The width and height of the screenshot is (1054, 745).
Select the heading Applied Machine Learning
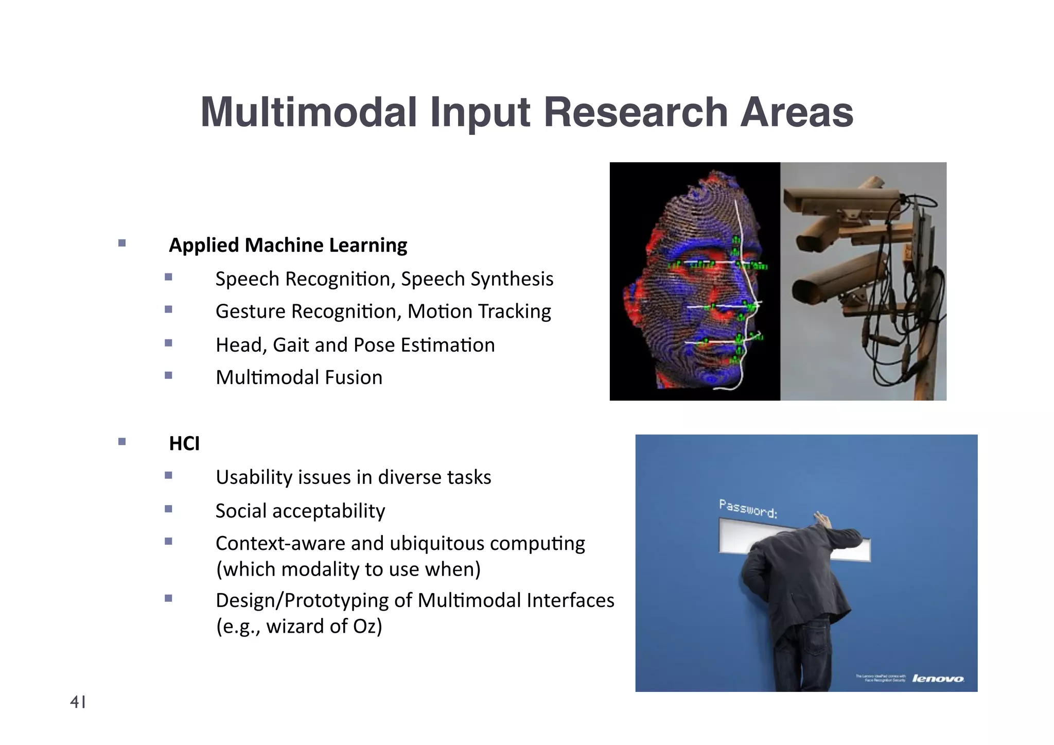pos(288,245)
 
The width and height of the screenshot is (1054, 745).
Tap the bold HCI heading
pos(184,443)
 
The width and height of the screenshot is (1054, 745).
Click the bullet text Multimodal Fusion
pos(299,377)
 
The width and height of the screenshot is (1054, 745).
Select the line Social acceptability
pos(300,511)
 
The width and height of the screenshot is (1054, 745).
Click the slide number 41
pos(78,702)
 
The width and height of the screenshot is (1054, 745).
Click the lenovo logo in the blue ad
pos(938,679)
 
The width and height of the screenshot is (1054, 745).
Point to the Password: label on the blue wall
pos(748,508)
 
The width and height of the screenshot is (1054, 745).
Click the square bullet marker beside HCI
pos(122,441)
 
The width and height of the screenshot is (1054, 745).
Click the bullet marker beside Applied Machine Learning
pos(122,243)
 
